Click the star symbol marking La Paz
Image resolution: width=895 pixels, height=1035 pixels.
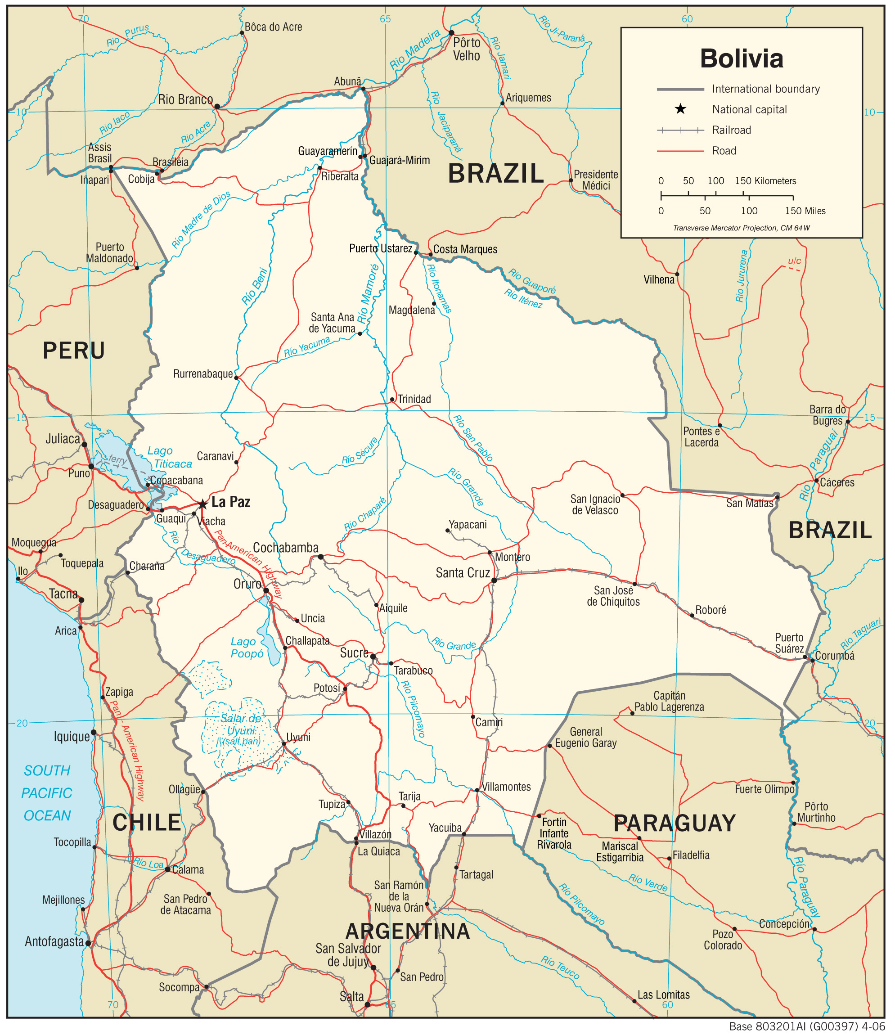[202, 504]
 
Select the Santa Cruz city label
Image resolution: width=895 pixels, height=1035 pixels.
[463, 573]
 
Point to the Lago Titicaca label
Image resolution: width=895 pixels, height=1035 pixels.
[169, 457]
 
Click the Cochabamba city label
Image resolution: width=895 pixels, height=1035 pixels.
[285, 548]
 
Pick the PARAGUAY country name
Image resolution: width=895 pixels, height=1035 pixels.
[674, 823]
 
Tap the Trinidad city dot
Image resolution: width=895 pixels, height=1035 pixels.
[392, 400]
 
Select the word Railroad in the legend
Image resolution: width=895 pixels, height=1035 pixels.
[731, 130]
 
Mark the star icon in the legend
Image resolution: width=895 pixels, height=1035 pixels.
[680, 109]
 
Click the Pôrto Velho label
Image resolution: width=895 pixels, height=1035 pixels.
[467, 49]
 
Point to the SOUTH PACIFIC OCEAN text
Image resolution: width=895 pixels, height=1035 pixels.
[47, 793]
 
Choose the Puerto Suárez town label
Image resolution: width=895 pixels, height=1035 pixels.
[789, 643]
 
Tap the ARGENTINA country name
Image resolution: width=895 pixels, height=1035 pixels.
[408, 931]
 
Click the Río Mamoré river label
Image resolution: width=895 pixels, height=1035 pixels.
[369, 293]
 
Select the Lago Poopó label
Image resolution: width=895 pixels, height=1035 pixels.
[247, 648]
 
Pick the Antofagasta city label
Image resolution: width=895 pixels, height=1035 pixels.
[54, 941]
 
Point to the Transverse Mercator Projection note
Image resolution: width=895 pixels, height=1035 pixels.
[741, 228]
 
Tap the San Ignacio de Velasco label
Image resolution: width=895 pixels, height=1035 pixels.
[595, 504]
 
